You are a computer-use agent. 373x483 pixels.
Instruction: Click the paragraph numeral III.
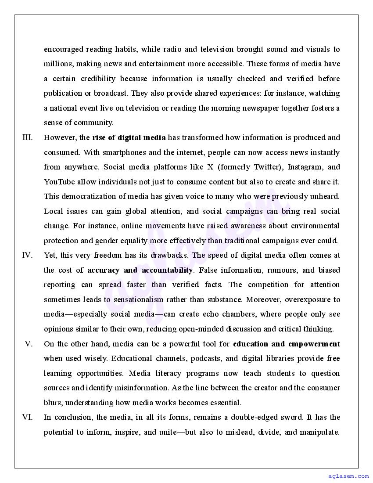coord(28,138)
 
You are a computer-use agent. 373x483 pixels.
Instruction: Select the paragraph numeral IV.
coord(27,256)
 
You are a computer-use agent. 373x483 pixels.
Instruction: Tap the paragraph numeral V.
coord(29,344)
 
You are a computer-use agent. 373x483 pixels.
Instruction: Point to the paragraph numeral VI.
coord(27,417)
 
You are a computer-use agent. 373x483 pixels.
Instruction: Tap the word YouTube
coord(59,182)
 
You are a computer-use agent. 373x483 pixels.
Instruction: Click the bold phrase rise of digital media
coord(129,138)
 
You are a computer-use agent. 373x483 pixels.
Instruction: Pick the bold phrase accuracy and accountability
coord(140,270)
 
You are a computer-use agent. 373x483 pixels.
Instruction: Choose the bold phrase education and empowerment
coord(287,344)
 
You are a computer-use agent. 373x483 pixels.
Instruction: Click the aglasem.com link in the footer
coord(348,476)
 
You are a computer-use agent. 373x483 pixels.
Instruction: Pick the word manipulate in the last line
coord(319,432)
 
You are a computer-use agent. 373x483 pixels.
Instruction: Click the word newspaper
coord(258,108)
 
